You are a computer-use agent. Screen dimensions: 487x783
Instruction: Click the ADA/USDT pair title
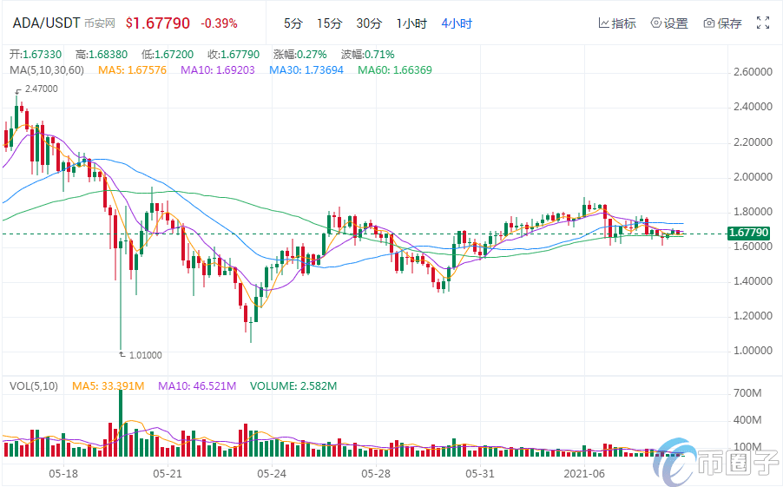click(46, 23)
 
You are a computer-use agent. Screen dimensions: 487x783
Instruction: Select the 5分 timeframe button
click(293, 23)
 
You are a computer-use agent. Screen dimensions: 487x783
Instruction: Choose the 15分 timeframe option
click(329, 23)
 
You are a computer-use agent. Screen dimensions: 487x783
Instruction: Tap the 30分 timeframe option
click(369, 23)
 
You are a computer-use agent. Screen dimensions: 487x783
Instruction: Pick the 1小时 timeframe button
click(411, 23)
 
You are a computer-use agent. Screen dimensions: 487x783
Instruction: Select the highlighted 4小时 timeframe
click(457, 23)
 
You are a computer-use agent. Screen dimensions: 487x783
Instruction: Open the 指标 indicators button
click(617, 23)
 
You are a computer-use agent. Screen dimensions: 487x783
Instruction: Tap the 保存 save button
click(722, 23)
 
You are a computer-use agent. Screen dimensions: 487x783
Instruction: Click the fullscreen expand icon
click(764, 23)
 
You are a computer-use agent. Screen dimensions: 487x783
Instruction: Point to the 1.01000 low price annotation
click(144, 354)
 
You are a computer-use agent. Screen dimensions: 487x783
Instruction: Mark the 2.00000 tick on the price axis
click(751, 176)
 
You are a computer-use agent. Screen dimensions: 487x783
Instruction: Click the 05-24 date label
click(272, 474)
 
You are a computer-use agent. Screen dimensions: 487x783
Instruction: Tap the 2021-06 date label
click(584, 474)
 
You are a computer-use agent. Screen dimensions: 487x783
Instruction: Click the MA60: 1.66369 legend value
click(395, 69)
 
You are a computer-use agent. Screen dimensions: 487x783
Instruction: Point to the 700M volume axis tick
click(748, 394)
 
